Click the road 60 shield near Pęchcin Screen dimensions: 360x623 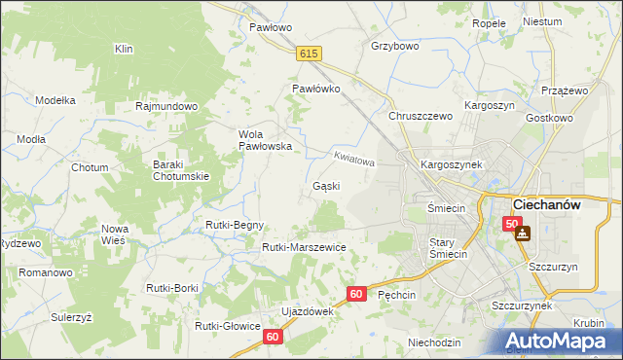click(357, 293)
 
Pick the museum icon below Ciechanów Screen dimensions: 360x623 click(524, 234)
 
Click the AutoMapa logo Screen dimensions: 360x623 click(561, 341)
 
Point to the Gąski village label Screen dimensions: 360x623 click(325, 185)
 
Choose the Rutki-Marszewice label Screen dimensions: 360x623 click(304, 247)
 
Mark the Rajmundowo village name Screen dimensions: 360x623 click(167, 105)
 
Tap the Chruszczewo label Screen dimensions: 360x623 click(421, 116)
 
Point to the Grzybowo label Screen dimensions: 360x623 click(394, 45)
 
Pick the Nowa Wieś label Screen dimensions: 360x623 click(115, 234)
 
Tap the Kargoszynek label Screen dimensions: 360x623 click(452, 165)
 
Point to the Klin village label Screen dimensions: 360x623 click(124, 48)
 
